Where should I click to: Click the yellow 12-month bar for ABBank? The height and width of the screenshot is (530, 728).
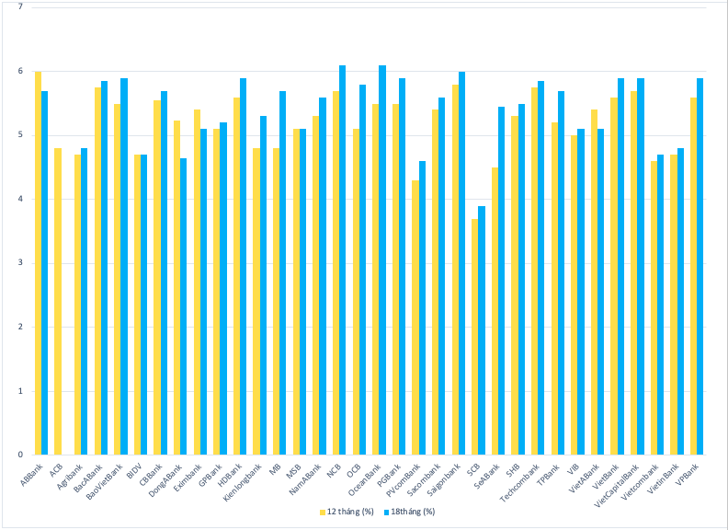pos(38,263)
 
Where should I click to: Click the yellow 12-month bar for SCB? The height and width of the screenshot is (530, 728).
pos(475,337)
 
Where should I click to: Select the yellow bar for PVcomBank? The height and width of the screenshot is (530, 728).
pos(415,317)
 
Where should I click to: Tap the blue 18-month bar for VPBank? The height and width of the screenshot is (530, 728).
pos(700,267)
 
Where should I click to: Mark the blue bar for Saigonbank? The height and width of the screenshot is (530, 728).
pos(461,263)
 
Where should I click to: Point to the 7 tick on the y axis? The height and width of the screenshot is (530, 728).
pos(21,7)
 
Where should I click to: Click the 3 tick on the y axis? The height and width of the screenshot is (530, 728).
pos(21,263)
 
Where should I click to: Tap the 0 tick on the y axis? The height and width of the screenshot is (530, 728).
pos(21,455)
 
